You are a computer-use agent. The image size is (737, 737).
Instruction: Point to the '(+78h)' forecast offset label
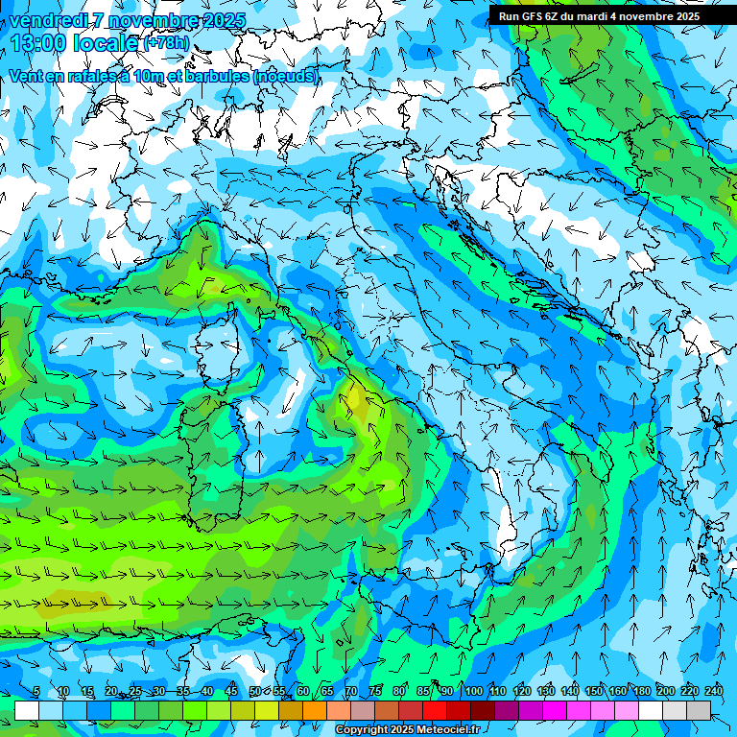(x=166, y=43)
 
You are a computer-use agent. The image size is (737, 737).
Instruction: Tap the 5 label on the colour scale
(x=36, y=691)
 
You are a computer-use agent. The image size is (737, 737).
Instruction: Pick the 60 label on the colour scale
(x=303, y=691)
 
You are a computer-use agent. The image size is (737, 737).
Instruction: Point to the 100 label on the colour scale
(x=473, y=691)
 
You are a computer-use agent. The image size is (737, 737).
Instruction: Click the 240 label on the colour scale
(x=713, y=691)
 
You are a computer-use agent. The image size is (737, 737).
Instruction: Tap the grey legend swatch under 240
(x=699, y=710)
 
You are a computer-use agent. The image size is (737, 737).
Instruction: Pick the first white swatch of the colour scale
(x=27, y=710)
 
